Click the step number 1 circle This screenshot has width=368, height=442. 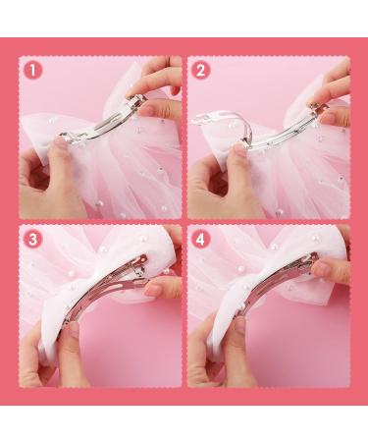(32, 71)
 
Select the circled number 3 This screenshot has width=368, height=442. (32, 240)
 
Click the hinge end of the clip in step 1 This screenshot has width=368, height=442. (134, 101)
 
